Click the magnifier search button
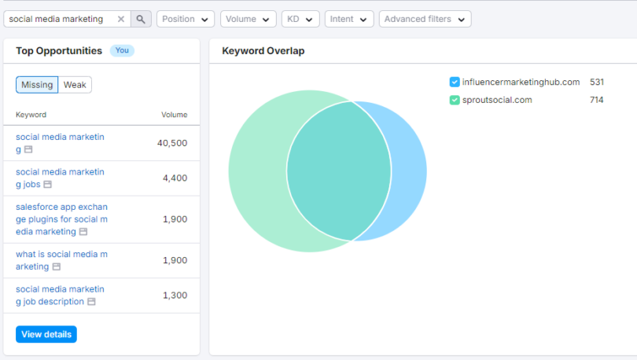(x=141, y=19)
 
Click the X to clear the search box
(x=120, y=19)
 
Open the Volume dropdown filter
(x=248, y=19)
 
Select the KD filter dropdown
(x=300, y=19)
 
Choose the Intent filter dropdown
(x=349, y=19)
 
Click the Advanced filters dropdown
(x=425, y=19)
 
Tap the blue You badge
(x=122, y=50)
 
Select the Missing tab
(x=37, y=85)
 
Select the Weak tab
(x=75, y=85)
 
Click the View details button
(x=46, y=334)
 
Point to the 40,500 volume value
(x=172, y=143)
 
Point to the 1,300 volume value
(x=175, y=296)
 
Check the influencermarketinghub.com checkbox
(x=455, y=82)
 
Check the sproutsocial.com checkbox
(x=455, y=100)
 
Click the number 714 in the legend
(x=597, y=100)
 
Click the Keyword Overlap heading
(x=263, y=51)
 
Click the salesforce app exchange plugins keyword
(x=61, y=219)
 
